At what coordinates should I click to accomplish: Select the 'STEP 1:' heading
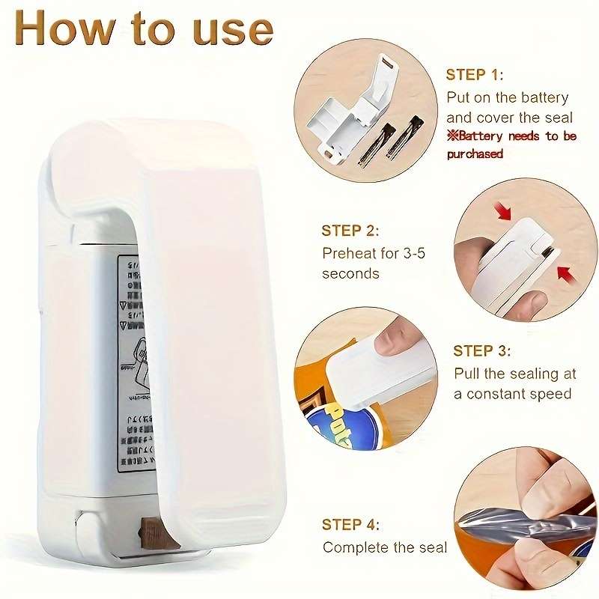475,75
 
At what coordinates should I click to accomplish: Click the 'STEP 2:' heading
350,231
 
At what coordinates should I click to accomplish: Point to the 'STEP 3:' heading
482,350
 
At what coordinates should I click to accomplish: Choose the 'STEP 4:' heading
350,525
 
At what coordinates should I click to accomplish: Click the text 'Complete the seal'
384,547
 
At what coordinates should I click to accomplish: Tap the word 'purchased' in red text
475,154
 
